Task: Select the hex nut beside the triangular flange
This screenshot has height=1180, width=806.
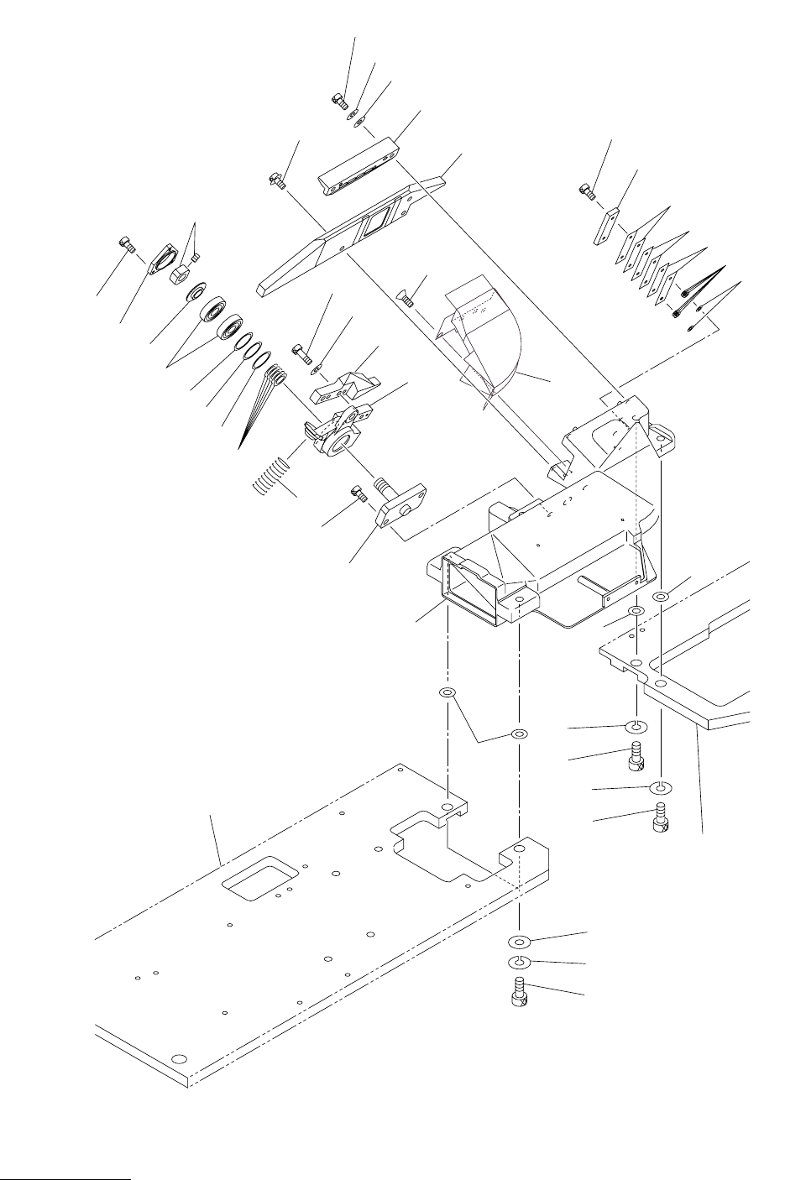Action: pos(180,274)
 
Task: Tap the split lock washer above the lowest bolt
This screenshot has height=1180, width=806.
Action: pos(519,961)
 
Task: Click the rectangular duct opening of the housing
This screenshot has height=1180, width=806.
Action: pos(470,593)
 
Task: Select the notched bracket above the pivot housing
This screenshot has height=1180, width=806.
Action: pos(344,384)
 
